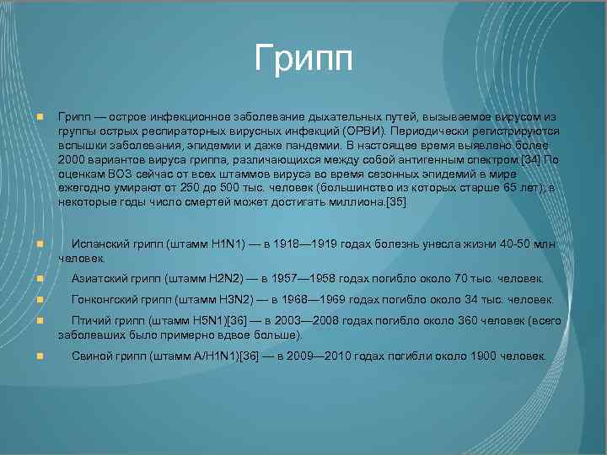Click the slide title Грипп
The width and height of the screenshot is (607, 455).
303,60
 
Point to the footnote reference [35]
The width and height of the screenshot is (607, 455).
396,201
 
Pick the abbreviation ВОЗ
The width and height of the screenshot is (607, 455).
117,174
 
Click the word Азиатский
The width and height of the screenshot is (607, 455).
99,279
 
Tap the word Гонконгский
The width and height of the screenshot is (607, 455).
106,299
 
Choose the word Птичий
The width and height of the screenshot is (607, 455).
91,321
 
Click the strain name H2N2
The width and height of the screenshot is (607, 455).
224,279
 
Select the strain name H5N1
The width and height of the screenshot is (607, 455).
210,321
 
